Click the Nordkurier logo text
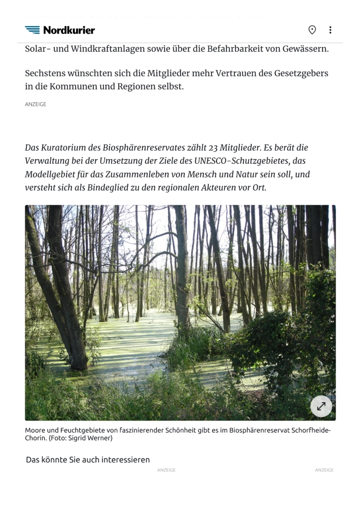click(69, 30)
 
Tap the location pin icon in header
click(312, 30)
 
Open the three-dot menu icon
click(330, 30)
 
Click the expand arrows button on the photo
click(321, 406)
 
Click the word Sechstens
click(47, 74)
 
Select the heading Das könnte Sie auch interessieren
click(88, 460)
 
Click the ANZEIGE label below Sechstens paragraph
click(36, 105)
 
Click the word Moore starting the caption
click(35, 430)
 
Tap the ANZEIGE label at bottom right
click(324, 470)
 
